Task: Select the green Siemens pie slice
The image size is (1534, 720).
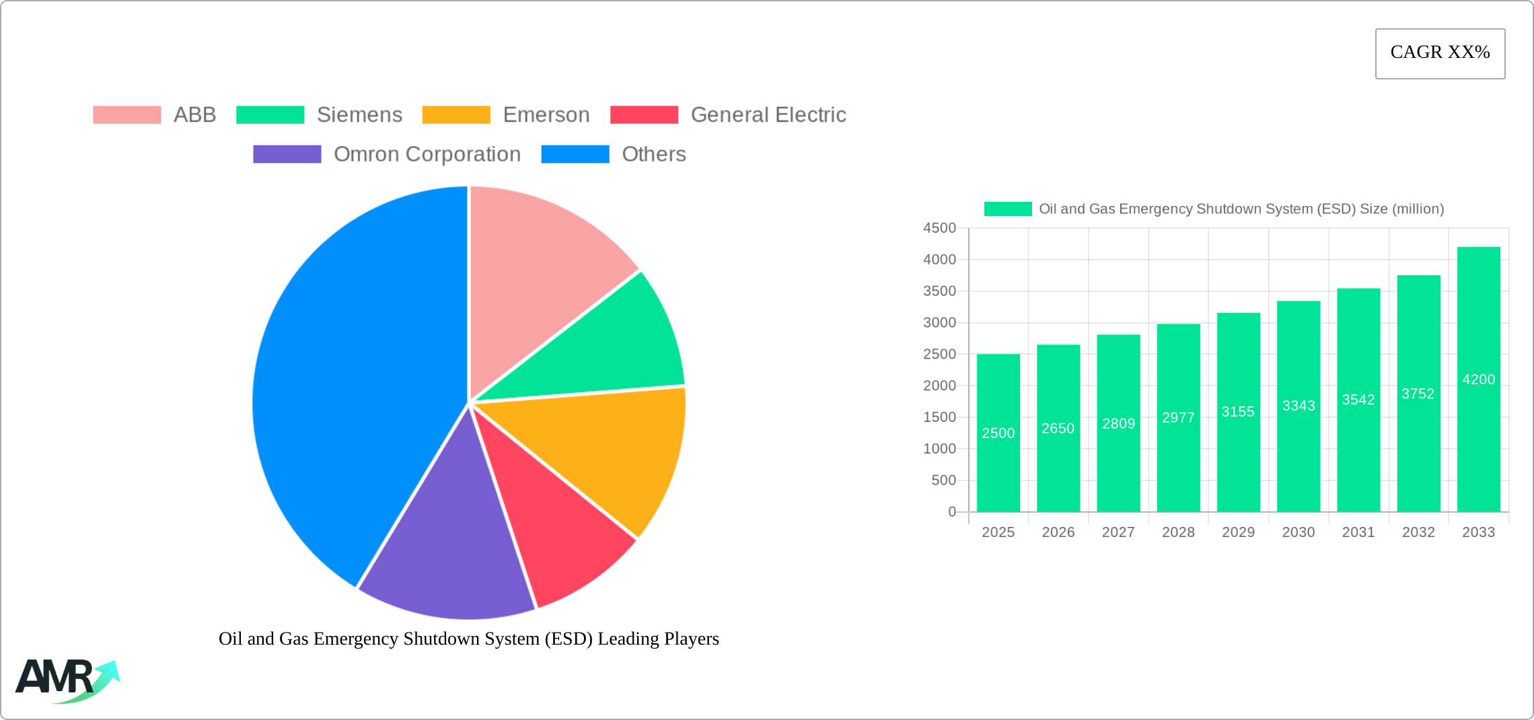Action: tap(606, 350)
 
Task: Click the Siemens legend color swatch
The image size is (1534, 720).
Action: tap(270, 115)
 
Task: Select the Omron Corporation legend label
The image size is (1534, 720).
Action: tap(427, 154)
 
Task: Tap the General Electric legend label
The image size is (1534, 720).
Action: tap(768, 115)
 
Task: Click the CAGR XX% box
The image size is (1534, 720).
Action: tap(1440, 53)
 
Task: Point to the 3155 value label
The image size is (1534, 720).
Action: tap(1238, 412)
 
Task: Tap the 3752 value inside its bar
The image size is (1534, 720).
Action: tap(1418, 394)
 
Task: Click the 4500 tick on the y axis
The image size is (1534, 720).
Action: tap(939, 228)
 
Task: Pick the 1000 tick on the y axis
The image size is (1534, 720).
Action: tap(939, 449)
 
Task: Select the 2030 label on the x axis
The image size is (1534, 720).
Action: tap(1298, 532)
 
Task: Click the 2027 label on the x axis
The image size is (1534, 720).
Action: tap(1118, 532)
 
